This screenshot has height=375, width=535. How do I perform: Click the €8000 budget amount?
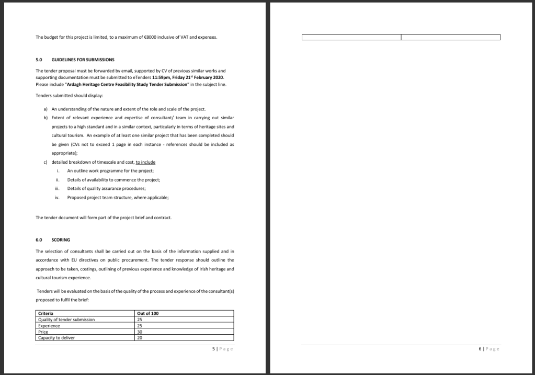point(156,37)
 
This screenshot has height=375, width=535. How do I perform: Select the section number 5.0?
point(39,59)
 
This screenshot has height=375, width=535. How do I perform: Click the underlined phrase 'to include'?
point(145,162)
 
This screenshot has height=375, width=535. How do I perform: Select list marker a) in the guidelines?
point(45,109)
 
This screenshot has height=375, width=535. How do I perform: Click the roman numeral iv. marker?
point(57,197)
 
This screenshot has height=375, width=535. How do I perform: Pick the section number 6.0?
point(39,240)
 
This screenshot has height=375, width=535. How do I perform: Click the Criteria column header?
point(46,313)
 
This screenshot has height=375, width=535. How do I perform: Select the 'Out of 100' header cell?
point(147,313)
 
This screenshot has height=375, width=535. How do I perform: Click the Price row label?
point(43,332)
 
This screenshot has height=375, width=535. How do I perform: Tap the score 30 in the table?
point(140,332)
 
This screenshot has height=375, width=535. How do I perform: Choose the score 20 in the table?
point(140,338)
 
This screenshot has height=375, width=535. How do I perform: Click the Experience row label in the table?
point(49,325)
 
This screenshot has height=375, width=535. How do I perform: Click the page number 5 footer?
point(214,349)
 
